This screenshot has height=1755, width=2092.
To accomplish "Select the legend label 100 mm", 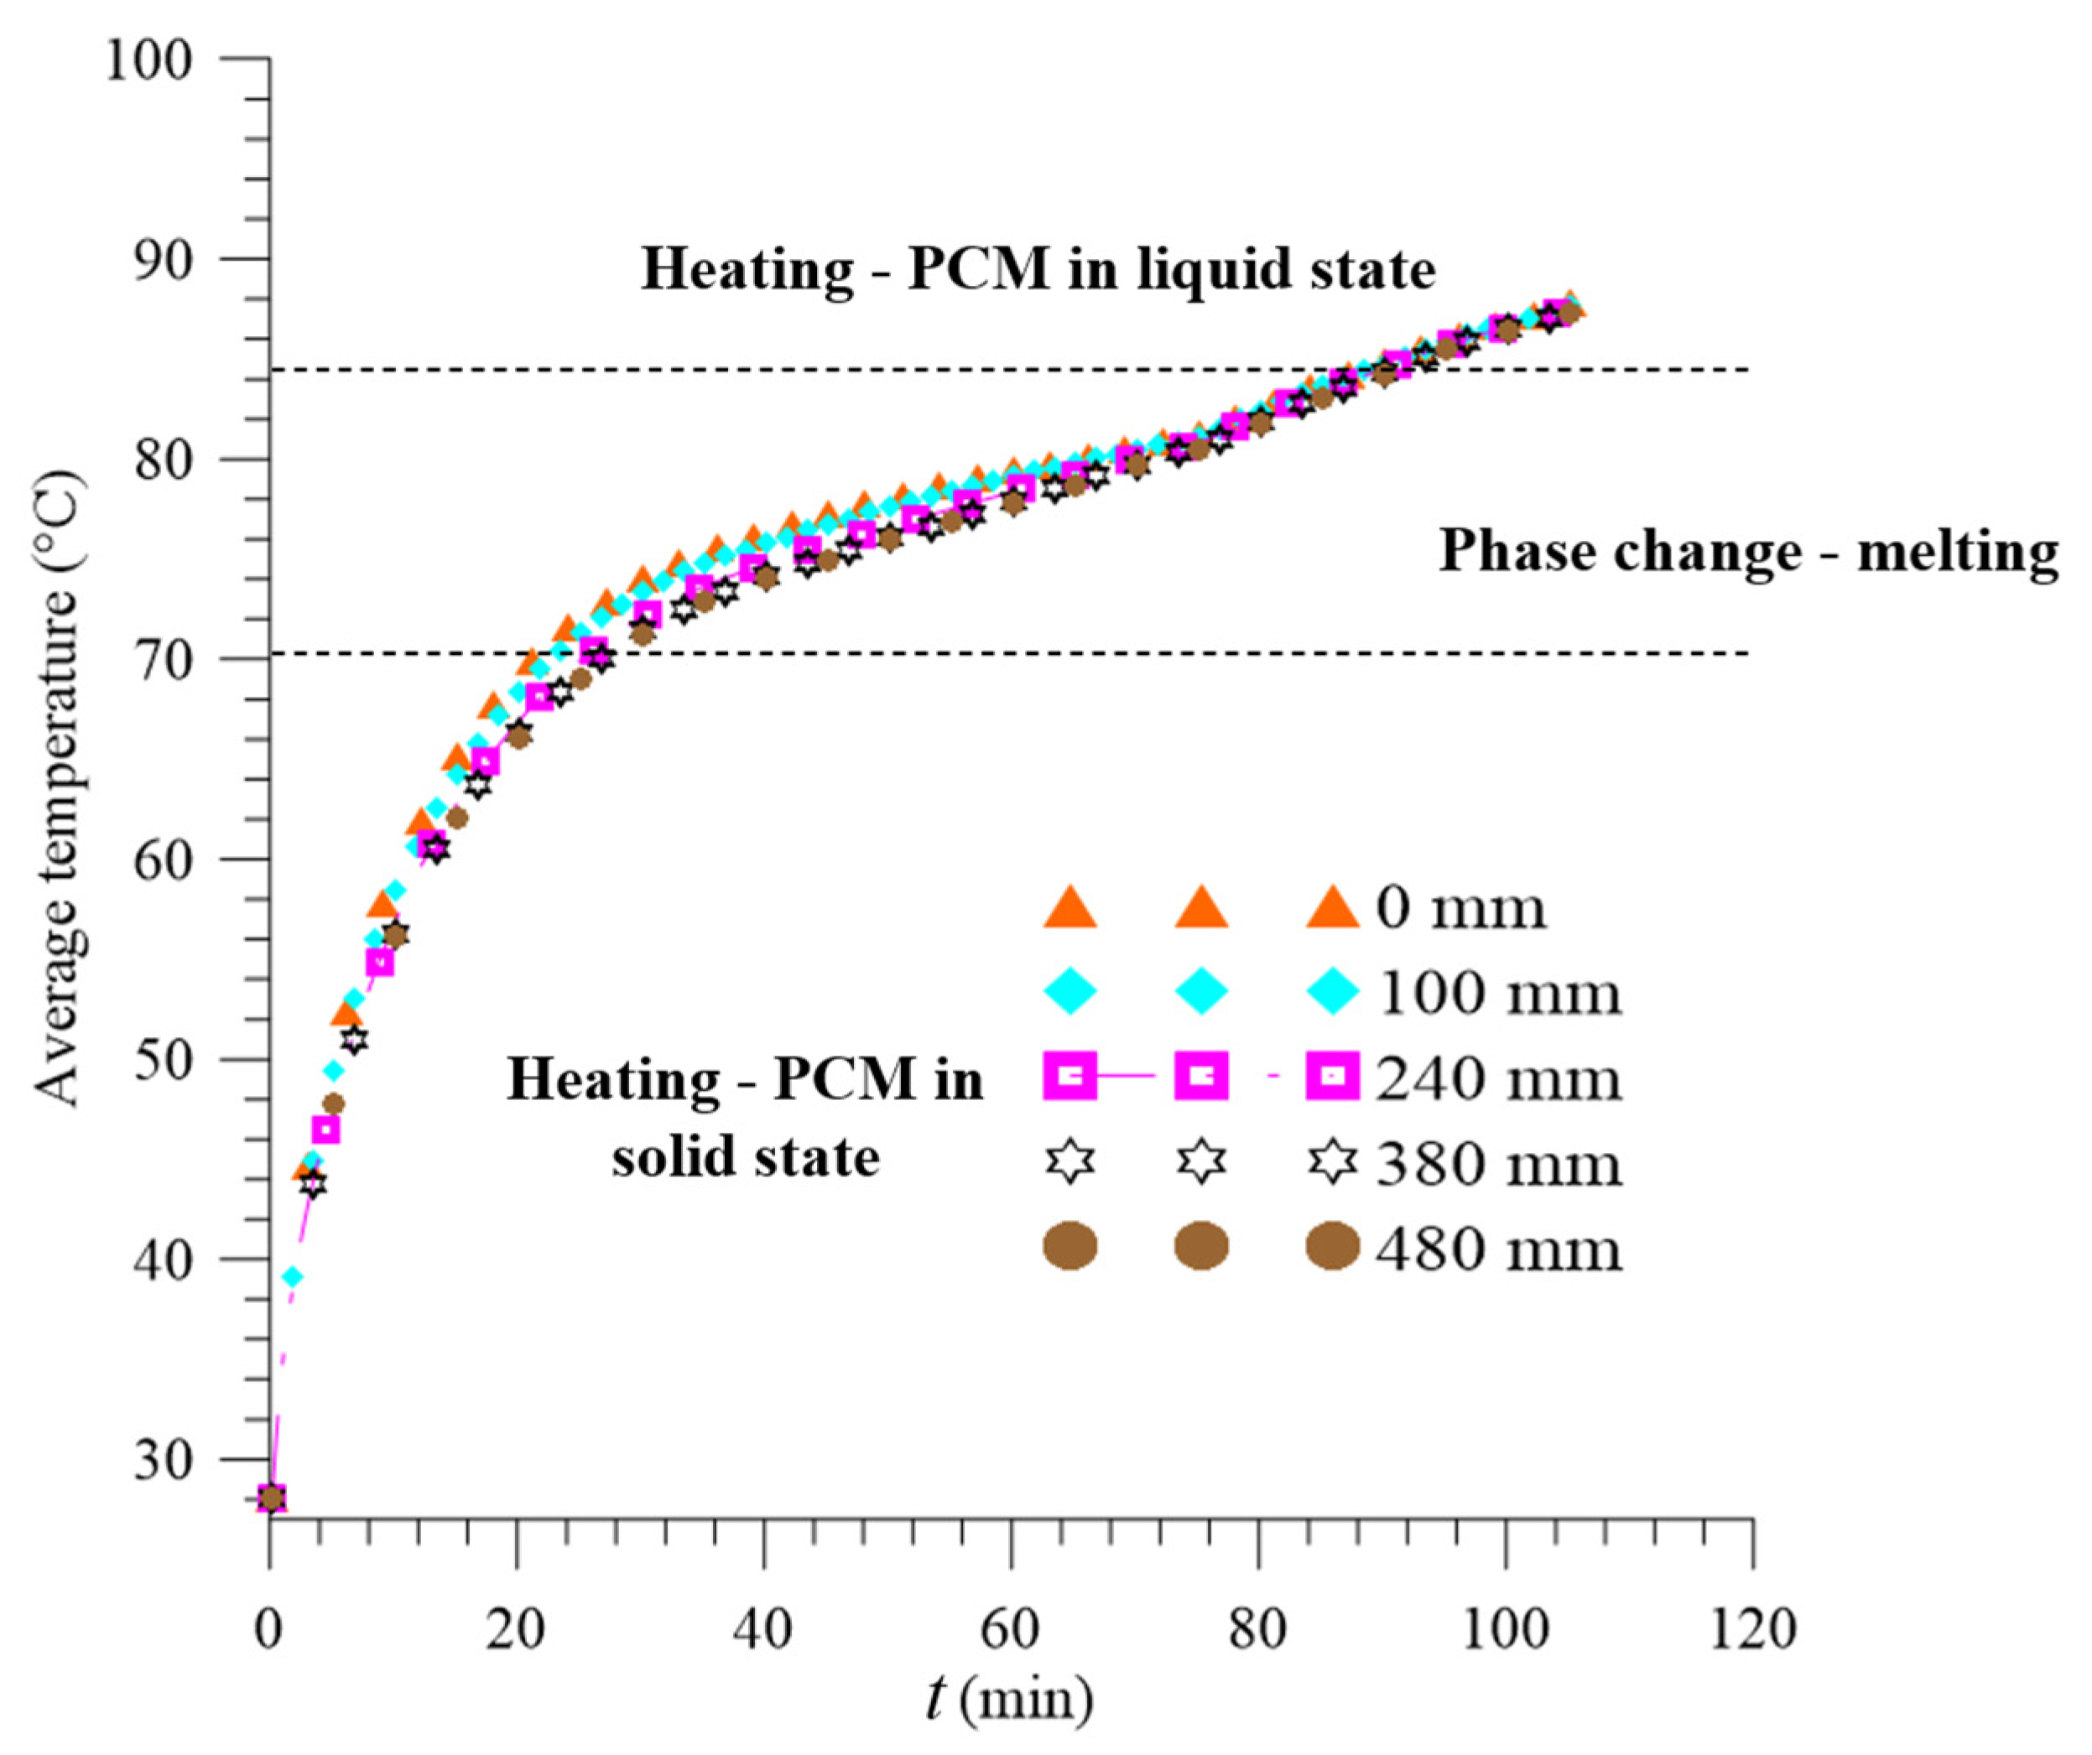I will pyautogui.click(x=1498, y=994).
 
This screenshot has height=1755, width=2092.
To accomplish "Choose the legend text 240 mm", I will pyautogui.click(x=1498, y=1078).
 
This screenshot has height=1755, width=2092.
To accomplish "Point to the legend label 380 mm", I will pyautogui.click(x=1498, y=1165).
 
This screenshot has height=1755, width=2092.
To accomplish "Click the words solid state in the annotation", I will pyautogui.click(x=745, y=1157).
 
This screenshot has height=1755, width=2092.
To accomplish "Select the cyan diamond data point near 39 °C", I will pyautogui.click(x=292, y=1277).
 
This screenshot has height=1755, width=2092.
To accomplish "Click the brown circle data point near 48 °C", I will pyautogui.click(x=335, y=1103).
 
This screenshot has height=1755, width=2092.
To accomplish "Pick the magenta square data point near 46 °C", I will pyautogui.click(x=325, y=1129).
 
